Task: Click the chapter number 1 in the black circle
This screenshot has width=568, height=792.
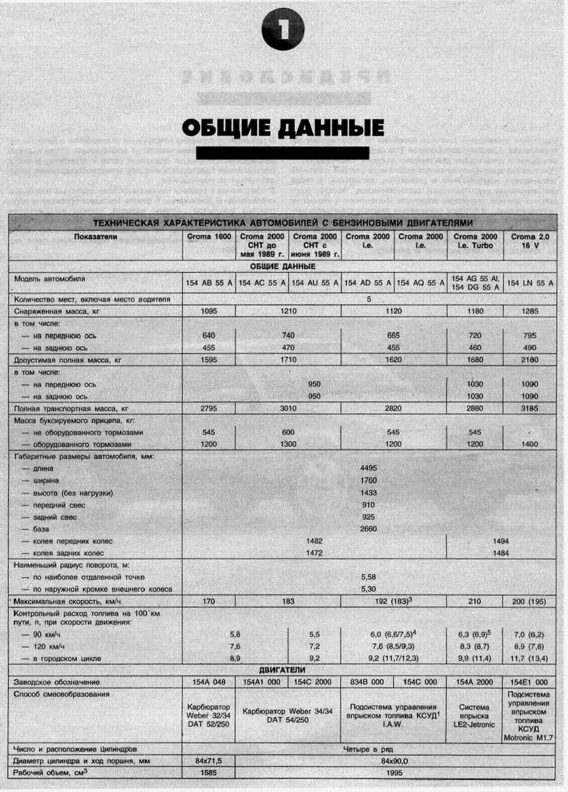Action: (x=283, y=30)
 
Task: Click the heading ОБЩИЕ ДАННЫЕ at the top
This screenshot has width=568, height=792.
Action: (x=283, y=128)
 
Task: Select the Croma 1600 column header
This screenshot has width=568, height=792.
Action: (x=208, y=237)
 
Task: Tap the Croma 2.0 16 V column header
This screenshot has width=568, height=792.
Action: (x=530, y=241)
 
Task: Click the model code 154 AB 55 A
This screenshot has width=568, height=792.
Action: (x=208, y=283)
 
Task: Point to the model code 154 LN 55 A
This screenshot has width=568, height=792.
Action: (x=530, y=283)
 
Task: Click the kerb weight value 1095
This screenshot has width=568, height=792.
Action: (x=208, y=311)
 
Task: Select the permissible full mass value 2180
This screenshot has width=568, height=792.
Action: (x=530, y=360)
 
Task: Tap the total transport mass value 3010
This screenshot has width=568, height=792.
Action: (x=288, y=409)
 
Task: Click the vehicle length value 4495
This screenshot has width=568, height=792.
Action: (x=369, y=469)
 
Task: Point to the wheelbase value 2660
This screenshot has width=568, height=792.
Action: (x=369, y=529)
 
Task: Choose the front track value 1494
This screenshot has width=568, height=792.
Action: (x=501, y=541)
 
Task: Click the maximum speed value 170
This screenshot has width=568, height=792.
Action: (x=208, y=601)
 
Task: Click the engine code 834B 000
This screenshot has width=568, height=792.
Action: (x=367, y=682)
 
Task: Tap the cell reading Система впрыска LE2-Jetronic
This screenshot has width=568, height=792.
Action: (x=475, y=716)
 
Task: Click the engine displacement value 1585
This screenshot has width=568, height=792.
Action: (x=208, y=773)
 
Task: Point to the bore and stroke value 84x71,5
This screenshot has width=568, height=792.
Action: (x=208, y=761)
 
